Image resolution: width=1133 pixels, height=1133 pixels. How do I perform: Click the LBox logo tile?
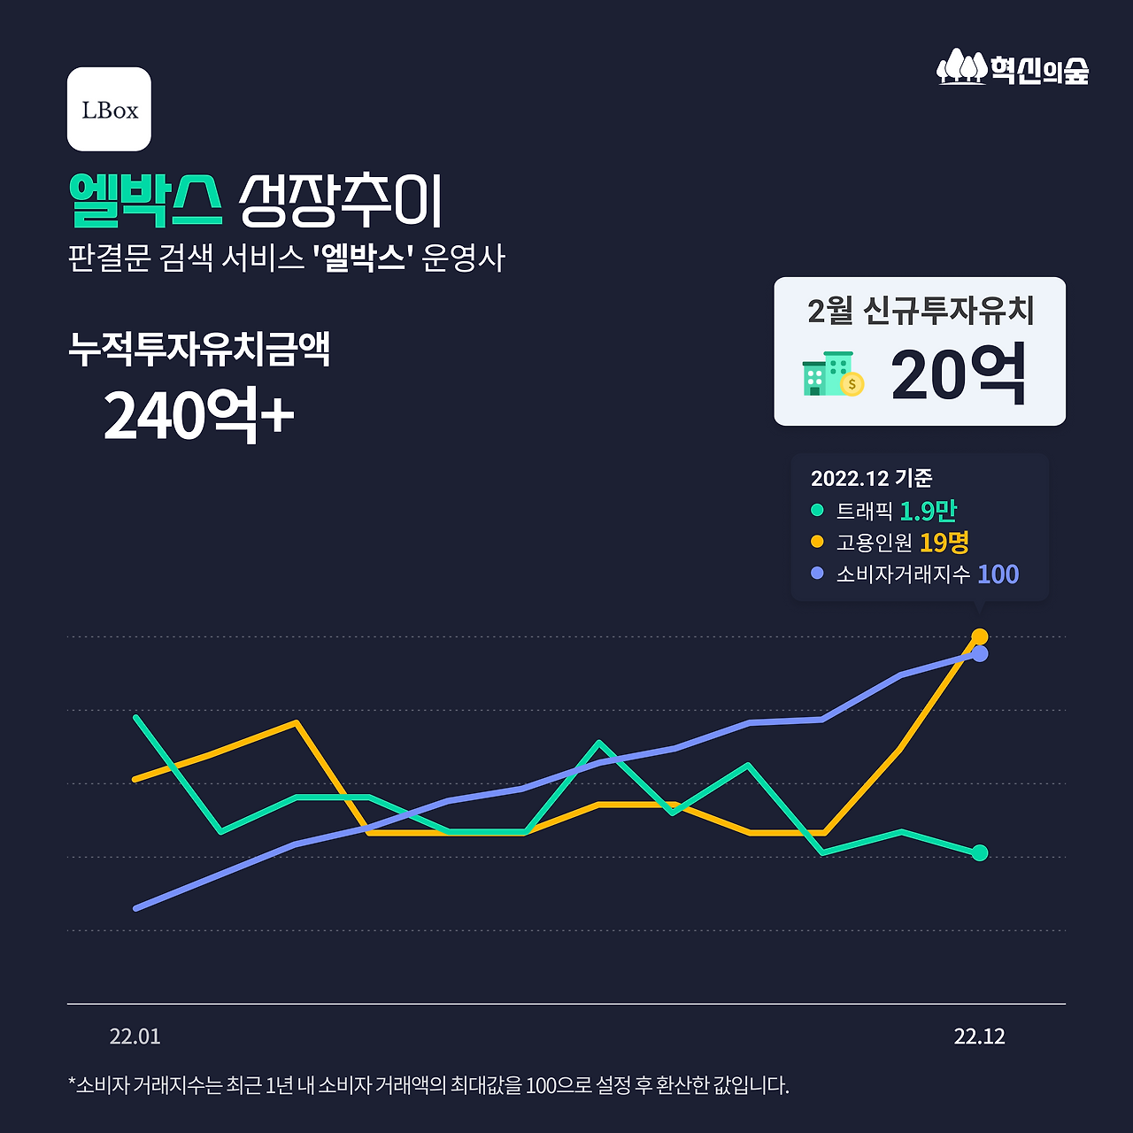(x=109, y=109)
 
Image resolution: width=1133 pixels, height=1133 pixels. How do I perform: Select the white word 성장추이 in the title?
(x=340, y=200)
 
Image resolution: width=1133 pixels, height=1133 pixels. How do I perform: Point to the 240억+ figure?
(x=198, y=414)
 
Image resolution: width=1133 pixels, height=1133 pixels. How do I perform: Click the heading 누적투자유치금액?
(x=199, y=349)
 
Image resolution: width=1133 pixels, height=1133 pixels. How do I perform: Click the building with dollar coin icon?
(x=832, y=374)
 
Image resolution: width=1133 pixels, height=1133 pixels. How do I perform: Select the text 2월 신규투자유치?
(x=920, y=311)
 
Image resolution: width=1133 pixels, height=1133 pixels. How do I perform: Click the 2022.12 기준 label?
(x=871, y=478)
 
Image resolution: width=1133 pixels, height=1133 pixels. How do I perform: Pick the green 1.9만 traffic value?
(x=928, y=511)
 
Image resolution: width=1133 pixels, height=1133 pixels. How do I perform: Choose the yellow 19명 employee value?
(x=944, y=542)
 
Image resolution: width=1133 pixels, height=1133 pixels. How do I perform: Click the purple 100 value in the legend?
(x=998, y=574)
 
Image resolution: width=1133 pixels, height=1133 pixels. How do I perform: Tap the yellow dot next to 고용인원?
(x=817, y=542)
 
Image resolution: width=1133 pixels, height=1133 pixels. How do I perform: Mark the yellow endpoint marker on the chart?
(x=980, y=636)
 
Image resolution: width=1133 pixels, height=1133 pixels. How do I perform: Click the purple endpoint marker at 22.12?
(x=980, y=654)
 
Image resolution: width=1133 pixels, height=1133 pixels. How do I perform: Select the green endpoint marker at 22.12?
(x=980, y=853)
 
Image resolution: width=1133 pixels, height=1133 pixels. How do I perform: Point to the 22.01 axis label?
(x=135, y=1037)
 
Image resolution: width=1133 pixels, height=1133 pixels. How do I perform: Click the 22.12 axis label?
(x=979, y=1037)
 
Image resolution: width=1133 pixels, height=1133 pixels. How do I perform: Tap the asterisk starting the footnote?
(x=72, y=1082)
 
